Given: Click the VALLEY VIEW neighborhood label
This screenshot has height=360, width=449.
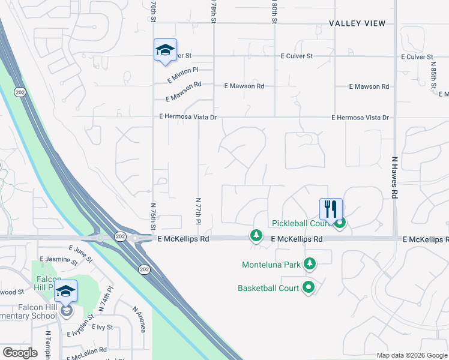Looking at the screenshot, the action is tap(357, 23).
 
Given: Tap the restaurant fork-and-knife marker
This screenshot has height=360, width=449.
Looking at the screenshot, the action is tap(331, 209).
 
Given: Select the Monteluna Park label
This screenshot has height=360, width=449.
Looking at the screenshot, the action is tap(270, 264).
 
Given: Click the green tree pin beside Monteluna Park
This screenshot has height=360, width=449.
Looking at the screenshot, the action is tap(310, 263).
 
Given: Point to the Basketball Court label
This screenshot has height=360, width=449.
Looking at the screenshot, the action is tap(268, 288).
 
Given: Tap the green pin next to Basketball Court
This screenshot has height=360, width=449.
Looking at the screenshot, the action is tap(309, 287).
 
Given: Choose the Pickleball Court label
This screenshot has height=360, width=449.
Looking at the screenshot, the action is tap(302, 223).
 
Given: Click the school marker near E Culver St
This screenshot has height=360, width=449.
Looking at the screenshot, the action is tap(165, 50).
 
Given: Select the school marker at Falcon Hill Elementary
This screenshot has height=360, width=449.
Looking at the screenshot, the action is tap(65, 292).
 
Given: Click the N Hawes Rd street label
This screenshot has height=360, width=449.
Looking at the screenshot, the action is tap(395, 178).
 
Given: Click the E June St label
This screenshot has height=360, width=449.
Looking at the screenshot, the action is tap(80, 255).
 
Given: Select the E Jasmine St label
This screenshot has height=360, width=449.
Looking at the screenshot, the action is tap(58, 260).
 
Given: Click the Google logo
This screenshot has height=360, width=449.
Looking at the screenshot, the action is tap(20, 353).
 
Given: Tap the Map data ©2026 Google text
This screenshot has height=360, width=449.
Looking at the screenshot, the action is tap(412, 355).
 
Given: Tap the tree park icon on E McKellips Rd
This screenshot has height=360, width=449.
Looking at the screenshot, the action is tap(256, 235).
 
